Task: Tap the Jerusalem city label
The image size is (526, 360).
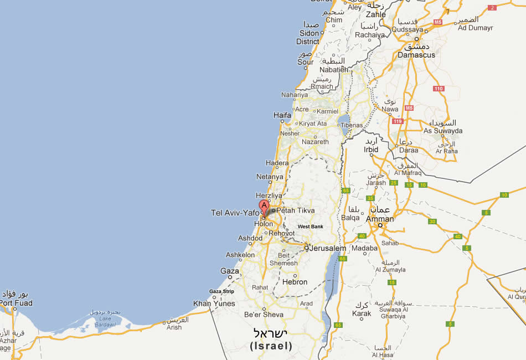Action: [x=328, y=248]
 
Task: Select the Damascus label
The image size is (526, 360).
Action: [x=416, y=55]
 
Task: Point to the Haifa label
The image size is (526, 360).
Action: [x=282, y=115]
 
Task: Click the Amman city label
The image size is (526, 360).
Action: [x=380, y=219]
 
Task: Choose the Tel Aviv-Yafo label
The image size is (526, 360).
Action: [x=235, y=213]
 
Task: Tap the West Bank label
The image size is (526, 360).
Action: [x=310, y=227]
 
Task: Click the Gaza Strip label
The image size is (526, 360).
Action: [x=221, y=291]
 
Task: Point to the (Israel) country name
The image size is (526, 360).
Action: [x=271, y=346]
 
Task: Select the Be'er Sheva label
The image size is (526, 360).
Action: [x=264, y=315]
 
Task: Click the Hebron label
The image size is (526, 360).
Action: [x=295, y=282]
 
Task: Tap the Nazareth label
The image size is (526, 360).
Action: [x=315, y=142]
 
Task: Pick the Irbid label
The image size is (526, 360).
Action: [x=371, y=150]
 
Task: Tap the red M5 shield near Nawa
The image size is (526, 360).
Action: [x=409, y=108]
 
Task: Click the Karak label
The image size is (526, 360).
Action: [x=362, y=313]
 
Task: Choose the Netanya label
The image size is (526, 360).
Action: [x=270, y=177]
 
